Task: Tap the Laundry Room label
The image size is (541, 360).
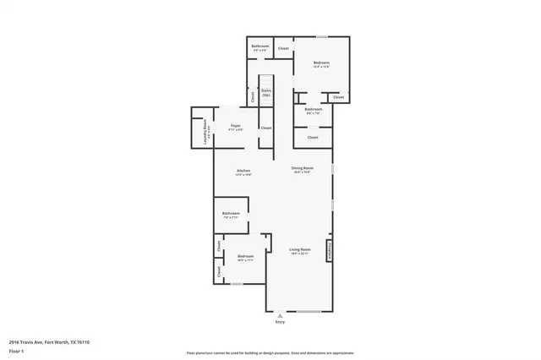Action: coord(205,134)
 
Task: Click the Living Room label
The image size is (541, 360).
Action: coord(300,250)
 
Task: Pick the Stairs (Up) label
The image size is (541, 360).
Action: coord(265,92)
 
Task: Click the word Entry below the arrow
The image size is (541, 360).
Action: coord(280,323)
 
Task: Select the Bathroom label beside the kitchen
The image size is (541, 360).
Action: coord(232,215)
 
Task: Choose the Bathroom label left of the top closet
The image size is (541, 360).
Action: coord(260,47)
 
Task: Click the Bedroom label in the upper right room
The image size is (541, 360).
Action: coord(321,63)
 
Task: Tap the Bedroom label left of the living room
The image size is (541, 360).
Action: coord(245,257)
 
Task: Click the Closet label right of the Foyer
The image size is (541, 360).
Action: coord(265,128)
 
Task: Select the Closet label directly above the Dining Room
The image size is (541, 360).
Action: coord(312,137)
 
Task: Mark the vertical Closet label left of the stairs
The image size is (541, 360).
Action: coord(253,96)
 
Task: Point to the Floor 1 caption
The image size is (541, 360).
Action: coord(17,351)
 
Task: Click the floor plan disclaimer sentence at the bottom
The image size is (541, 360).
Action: coord(270,352)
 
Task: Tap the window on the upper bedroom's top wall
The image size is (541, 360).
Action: coord(321,36)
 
